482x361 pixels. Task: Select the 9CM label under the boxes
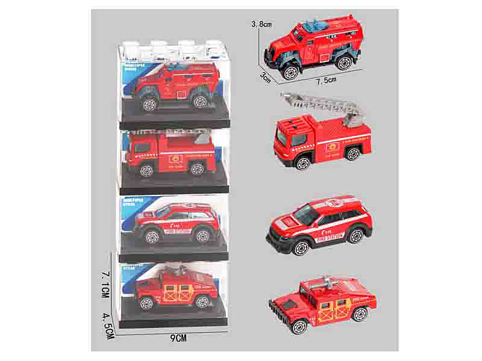(x=179, y=339)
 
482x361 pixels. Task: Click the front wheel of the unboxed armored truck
(x=290, y=72)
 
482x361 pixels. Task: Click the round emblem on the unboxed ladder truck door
(x=330, y=147)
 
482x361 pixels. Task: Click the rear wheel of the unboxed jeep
(x=360, y=314)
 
